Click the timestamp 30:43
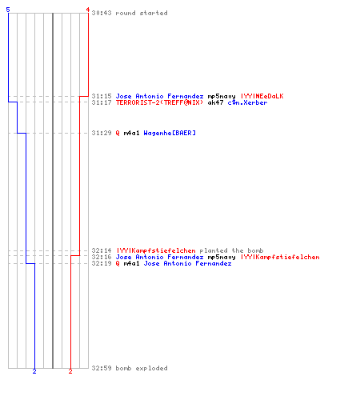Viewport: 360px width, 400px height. click(x=102, y=13)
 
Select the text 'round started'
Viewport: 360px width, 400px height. click(x=142, y=13)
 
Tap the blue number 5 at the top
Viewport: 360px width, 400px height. click(x=8, y=10)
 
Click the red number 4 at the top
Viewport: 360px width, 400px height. click(x=87, y=10)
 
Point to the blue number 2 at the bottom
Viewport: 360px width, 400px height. click(x=34, y=371)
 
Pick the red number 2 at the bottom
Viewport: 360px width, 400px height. click(x=70, y=371)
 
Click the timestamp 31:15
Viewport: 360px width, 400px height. click(x=102, y=96)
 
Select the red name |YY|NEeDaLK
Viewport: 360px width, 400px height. click(x=262, y=96)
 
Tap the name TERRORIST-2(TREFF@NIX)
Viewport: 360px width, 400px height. click(x=159, y=102)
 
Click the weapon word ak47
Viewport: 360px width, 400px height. click(x=215, y=102)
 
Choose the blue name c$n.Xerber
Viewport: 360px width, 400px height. click(x=247, y=102)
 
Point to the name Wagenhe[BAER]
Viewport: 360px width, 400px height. click(x=170, y=133)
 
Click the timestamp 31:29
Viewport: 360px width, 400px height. click(x=102, y=133)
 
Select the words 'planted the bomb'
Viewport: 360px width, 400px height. click(x=231, y=250)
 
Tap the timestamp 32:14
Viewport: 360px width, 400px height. click(x=102, y=250)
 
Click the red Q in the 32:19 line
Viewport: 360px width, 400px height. click(x=118, y=263)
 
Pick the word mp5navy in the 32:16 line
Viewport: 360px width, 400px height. click(x=222, y=257)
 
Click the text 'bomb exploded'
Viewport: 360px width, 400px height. click(x=142, y=368)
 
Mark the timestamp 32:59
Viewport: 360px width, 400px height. click(x=102, y=368)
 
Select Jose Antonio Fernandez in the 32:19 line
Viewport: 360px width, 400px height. click(x=187, y=263)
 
